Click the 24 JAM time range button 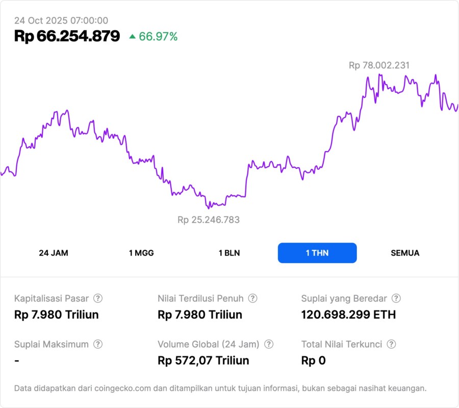pyautogui.click(x=54, y=253)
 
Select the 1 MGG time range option pyautogui.click(x=141, y=253)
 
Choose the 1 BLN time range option pyautogui.click(x=229, y=253)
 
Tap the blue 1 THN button pyautogui.click(x=317, y=253)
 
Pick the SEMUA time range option pyautogui.click(x=405, y=253)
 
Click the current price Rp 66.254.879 pyautogui.click(x=67, y=36)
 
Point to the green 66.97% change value pyautogui.click(x=159, y=36)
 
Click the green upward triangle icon pyautogui.click(x=133, y=36)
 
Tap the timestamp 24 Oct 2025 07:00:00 pyautogui.click(x=61, y=20)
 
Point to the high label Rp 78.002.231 pyautogui.click(x=379, y=65)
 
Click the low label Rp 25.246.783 pyautogui.click(x=209, y=220)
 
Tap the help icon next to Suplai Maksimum pyautogui.click(x=98, y=344)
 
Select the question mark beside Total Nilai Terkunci pyautogui.click(x=391, y=344)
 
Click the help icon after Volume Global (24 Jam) pyautogui.click(x=269, y=344)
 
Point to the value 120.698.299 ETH pyautogui.click(x=348, y=314)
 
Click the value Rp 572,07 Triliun pyautogui.click(x=203, y=361)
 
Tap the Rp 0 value pyautogui.click(x=313, y=361)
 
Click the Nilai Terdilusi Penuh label pyautogui.click(x=200, y=298)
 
